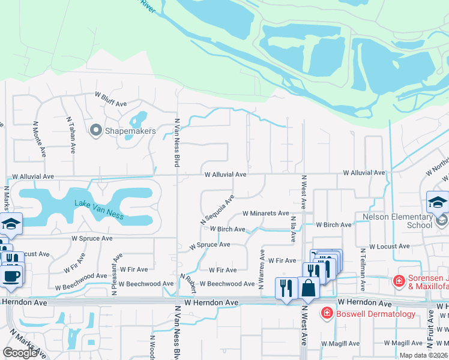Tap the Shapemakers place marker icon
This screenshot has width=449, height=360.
click(x=96, y=130)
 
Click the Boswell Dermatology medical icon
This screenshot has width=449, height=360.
click(x=327, y=313)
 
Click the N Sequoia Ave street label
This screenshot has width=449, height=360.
click(x=217, y=210)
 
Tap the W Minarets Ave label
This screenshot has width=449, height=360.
click(x=265, y=213)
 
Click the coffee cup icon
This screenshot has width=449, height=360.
click(x=13, y=275)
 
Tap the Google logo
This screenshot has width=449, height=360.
click(x=20, y=353)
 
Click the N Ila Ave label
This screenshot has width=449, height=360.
click(x=293, y=229)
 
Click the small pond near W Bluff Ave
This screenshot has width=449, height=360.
click(x=139, y=118)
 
